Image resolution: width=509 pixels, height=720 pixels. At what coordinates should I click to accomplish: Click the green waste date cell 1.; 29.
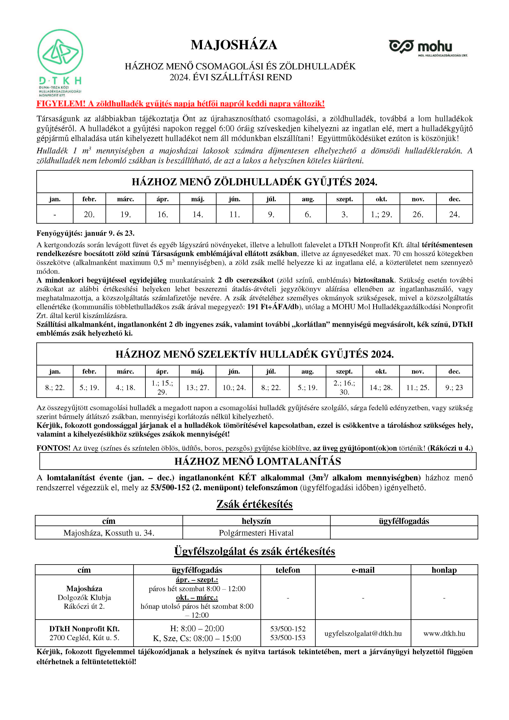click(381, 214)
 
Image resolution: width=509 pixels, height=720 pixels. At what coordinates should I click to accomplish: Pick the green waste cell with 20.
click(89, 214)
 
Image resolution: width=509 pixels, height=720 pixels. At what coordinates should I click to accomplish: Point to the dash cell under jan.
click(55, 214)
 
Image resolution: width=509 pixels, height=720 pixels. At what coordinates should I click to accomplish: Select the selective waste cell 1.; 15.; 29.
click(162, 387)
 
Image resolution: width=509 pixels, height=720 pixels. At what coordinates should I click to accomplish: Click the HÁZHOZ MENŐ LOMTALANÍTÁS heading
click(258, 461)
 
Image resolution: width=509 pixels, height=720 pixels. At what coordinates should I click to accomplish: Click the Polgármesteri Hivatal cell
click(256, 533)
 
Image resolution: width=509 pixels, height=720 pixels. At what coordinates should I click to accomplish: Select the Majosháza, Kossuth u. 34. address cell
click(109, 533)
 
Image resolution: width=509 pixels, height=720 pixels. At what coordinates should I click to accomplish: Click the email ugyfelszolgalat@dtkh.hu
click(363, 633)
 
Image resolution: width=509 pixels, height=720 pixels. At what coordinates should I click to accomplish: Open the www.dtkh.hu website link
click(444, 633)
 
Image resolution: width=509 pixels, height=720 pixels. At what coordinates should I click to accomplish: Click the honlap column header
click(444, 570)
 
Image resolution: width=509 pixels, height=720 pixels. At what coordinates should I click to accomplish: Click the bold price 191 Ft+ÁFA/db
click(273, 307)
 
